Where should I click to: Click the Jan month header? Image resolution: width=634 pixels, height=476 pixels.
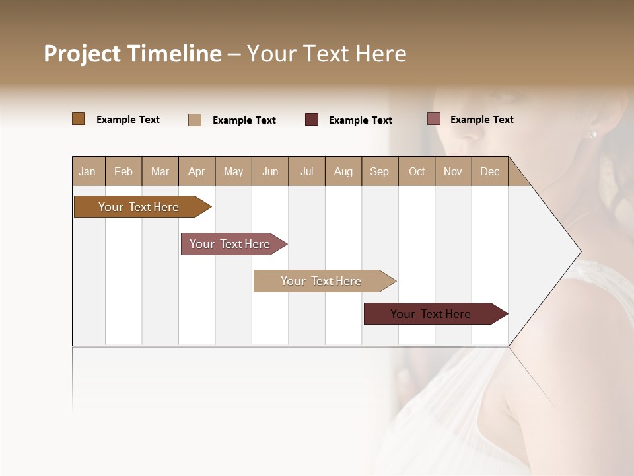click(x=88, y=171)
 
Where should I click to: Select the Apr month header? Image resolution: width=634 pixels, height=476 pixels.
click(x=197, y=171)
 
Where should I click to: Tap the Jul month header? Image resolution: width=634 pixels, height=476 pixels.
click(x=306, y=171)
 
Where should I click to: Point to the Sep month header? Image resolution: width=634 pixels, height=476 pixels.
click(x=380, y=171)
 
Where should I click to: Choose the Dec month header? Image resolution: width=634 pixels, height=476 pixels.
click(x=489, y=171)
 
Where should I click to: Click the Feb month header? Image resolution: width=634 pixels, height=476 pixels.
click(x=123, y=171)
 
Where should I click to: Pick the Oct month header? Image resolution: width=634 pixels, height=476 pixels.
click(x=417, y=171)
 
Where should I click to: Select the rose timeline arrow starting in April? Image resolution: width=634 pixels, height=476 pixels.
click(x=231, y=244)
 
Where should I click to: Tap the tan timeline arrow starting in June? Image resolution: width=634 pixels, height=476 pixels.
click(x=322, y=281)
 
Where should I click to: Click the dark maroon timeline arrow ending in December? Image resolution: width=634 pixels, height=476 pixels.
click(x=433, y=314)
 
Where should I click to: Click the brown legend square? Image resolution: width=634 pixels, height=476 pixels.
click(x=79, y=119)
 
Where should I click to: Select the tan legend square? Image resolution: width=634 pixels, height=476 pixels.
click(x=195, y=120)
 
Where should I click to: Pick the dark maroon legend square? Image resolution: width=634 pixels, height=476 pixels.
click(x=312, y=120)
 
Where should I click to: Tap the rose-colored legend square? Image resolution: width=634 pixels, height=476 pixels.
click(x=433, y=119)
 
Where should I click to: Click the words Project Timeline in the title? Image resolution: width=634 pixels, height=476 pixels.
click(x=133, y=54)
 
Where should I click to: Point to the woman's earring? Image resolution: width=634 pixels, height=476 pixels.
click(x=593, y=134)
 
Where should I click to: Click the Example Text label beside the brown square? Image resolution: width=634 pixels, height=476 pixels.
click(x=128, y=120)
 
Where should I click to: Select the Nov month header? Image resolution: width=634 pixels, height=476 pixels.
click(x=453, y=171)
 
